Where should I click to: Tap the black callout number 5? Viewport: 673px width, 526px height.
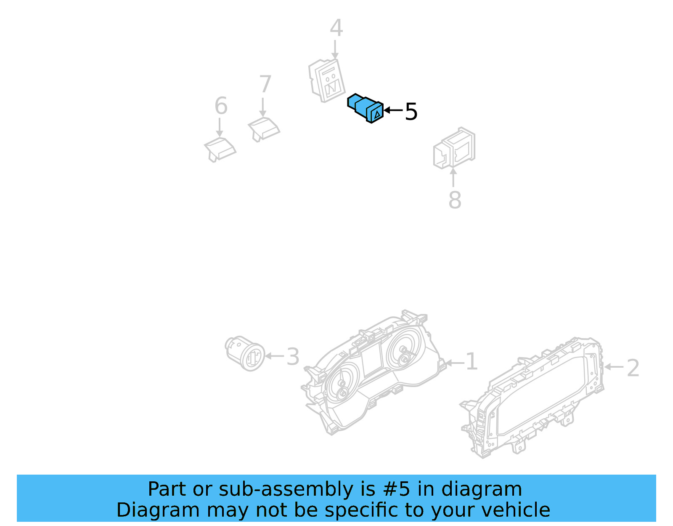411,112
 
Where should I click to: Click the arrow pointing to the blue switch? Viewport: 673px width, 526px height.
393,110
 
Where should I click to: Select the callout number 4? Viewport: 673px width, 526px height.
336,28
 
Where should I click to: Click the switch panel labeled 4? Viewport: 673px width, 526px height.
327,81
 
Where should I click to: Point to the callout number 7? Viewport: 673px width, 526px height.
265,84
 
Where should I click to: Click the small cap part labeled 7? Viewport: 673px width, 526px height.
264,128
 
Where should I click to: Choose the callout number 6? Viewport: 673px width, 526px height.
221,106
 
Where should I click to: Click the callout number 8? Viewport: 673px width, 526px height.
455,200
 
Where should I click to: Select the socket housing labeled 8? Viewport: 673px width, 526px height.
454,148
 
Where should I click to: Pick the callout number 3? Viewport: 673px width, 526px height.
293,357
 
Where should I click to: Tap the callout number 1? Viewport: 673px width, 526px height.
472,362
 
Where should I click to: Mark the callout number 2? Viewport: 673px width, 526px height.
633,368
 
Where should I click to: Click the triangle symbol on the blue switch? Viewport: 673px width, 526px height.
377,113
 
